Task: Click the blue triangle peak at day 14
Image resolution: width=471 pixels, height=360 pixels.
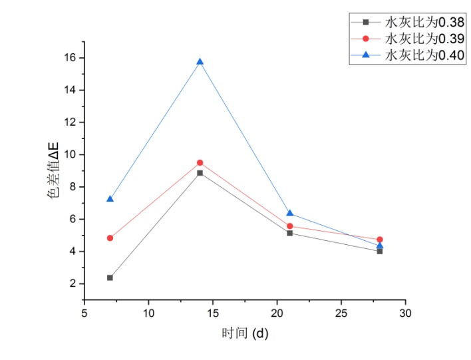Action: (x=200, y=62)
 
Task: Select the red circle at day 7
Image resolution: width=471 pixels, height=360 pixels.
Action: (x=110, y=238)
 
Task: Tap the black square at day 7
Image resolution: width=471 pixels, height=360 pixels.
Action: (x=110, y=277)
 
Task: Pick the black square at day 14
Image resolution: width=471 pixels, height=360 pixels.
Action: (x=200, y=173)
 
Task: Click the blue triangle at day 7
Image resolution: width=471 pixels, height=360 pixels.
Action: (x=110, y=199)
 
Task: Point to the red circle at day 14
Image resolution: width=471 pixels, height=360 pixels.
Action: (x=200, y=162)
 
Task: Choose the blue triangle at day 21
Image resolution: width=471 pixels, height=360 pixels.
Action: (x=290, y=213)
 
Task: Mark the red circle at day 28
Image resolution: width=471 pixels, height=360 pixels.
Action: (x=380, y=240)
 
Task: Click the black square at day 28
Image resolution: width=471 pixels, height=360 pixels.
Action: (x=380, y=251)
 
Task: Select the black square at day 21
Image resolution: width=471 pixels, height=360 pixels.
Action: (x=290, y=233)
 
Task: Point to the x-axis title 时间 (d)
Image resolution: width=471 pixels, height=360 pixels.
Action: (x=245, y=332)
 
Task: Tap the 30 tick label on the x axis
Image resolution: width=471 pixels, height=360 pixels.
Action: (x=405, y=312)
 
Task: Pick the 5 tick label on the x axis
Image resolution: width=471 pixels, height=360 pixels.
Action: (x=84, y=312)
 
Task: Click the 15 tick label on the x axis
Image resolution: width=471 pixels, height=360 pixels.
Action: (x=213, y=312)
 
